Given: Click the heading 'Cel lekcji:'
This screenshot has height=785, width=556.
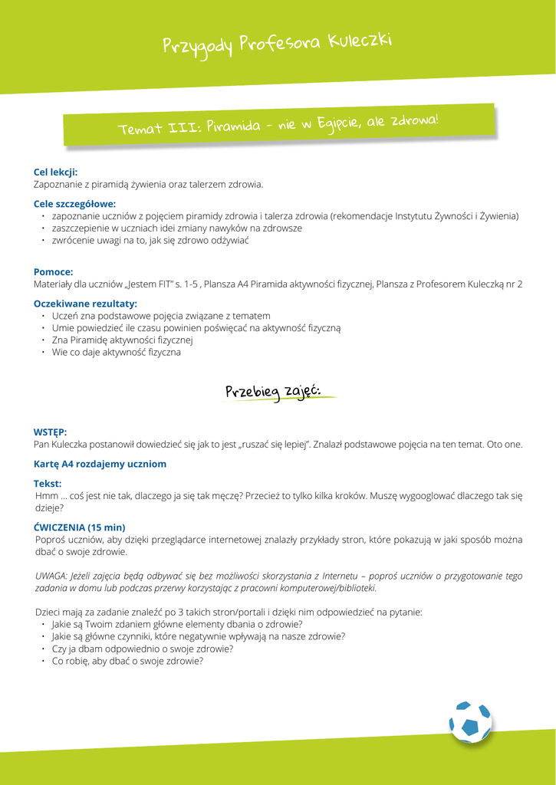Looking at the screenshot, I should [55, 172].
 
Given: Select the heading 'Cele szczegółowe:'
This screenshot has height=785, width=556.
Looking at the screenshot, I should [74, 204].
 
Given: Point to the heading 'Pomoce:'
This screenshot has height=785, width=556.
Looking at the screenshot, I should [53, 271].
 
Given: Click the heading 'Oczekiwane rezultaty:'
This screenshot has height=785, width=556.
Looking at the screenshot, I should [85, 304].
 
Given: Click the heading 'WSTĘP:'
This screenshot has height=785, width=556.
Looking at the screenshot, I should [50, 432].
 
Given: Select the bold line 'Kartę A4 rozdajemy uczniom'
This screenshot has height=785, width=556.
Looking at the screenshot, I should [100, 464].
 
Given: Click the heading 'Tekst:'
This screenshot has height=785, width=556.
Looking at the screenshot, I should [48, 484].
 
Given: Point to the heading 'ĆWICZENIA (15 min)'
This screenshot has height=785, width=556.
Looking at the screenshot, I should [80, 527].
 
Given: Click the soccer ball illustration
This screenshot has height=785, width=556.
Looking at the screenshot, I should [470, 722].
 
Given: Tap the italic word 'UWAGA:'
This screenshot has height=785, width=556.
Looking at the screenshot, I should [51, 576].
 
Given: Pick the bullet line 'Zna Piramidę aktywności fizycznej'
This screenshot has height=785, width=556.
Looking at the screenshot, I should [122, 340].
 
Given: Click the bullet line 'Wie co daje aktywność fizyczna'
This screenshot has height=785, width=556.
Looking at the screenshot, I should [116, 353].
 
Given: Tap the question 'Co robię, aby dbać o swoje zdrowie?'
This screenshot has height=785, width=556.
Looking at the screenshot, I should [127, 661].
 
